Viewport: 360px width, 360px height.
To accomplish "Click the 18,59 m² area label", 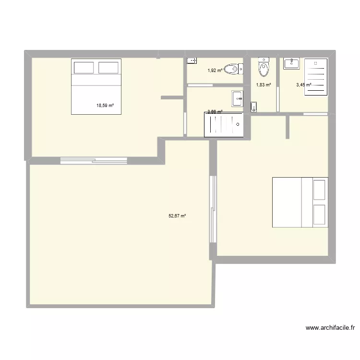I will [105, 105].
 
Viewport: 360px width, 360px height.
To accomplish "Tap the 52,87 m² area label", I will [177, 216].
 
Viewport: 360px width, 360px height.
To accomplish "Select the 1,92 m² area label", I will [215, 71].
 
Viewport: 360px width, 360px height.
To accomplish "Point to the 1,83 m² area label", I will [263, 85].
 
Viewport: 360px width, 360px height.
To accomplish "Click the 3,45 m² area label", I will [303, 85].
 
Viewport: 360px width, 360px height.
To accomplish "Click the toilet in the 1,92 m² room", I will [233, 70].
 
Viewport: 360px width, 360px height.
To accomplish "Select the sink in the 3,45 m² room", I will [291, 63].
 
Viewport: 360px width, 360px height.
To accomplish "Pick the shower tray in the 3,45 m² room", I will [316, 78].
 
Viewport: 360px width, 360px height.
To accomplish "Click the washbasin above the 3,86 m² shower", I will [238, 98].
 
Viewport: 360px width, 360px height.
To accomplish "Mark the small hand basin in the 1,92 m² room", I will [192, 60].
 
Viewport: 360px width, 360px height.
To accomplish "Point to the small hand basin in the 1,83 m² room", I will [254, 105].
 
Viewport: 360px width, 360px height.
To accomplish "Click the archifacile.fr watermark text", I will [330, 328].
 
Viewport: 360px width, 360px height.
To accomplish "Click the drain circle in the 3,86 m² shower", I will [239, 124].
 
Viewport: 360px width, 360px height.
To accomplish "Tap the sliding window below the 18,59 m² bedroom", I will [94, 160].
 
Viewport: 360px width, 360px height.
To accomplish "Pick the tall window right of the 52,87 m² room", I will [212, 209].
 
